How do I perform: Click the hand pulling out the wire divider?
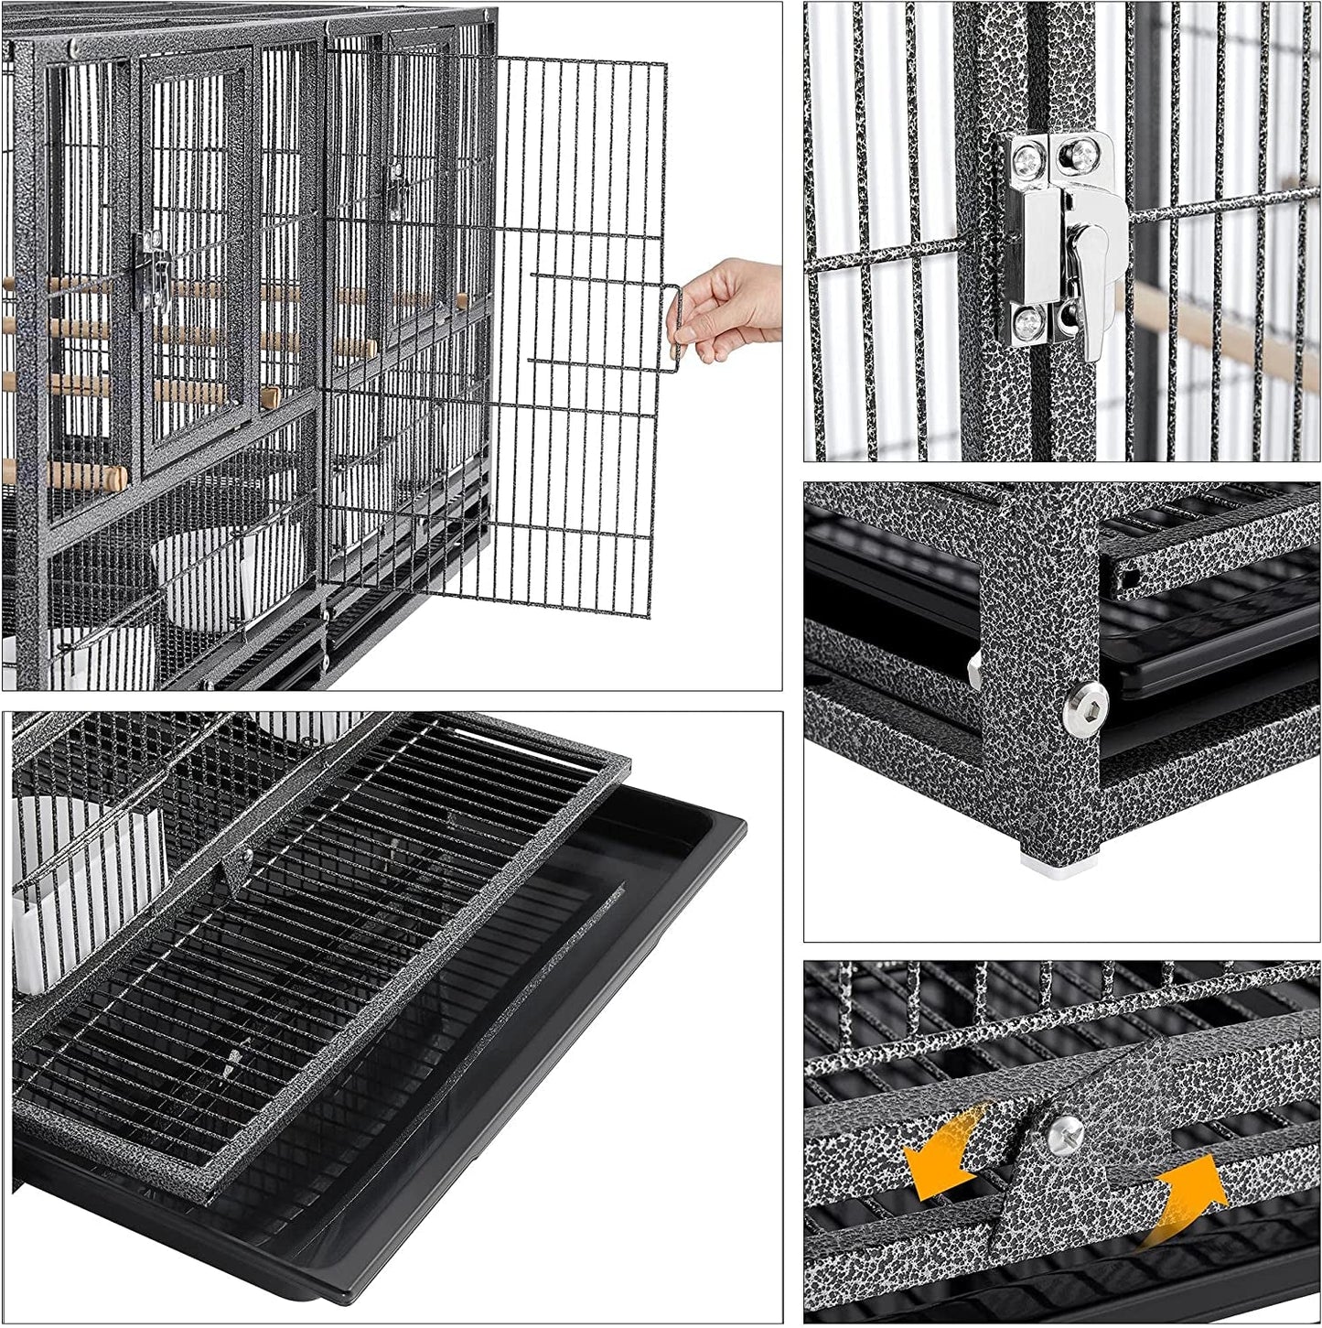click(x=732, y=307)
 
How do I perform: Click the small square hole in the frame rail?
click(x=1132, y=578)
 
